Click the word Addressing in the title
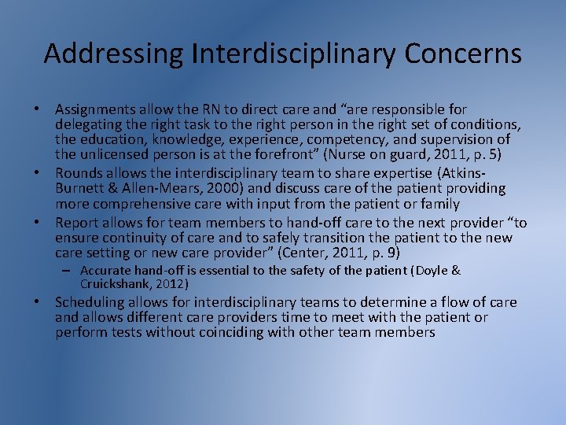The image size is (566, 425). [113, 54]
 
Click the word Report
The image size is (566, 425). [77, 223]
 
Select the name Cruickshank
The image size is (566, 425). [115, 283]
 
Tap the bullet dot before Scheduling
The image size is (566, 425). [44, 302]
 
